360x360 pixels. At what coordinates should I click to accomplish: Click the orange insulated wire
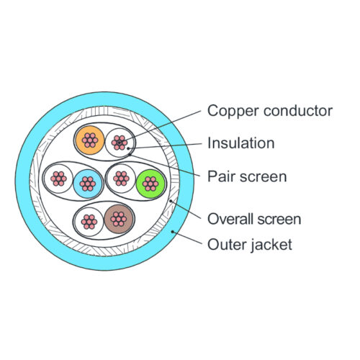[x=90, y=140]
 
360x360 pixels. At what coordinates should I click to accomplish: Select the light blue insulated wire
[x=88, y=184]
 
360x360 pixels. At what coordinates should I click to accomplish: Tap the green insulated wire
[x=150, y=184]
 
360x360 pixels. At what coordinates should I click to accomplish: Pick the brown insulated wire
[x=119, y=219]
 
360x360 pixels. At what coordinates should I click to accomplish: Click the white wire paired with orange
[x=120, y=143]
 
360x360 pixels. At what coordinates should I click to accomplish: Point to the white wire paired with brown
[x=89, y=222]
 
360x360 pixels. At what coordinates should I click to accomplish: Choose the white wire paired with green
[x=121, y=179]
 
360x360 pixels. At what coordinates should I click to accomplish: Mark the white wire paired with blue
[x=58, y=179]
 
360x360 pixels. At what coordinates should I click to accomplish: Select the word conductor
[x=298, y=111]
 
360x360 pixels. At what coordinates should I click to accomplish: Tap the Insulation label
[x=241, y=143]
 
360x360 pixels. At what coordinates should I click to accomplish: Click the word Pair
[x=222, y=176]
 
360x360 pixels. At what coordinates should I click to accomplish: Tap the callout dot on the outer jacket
[x=172, y=232]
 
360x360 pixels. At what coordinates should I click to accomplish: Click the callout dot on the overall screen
[x=171, y=201]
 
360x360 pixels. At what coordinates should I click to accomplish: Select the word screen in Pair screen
[x=264, y=177]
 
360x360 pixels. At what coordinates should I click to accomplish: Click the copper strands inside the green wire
[x=150, y=184]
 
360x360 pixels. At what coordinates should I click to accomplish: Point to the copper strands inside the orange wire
[x=90, y=140]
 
